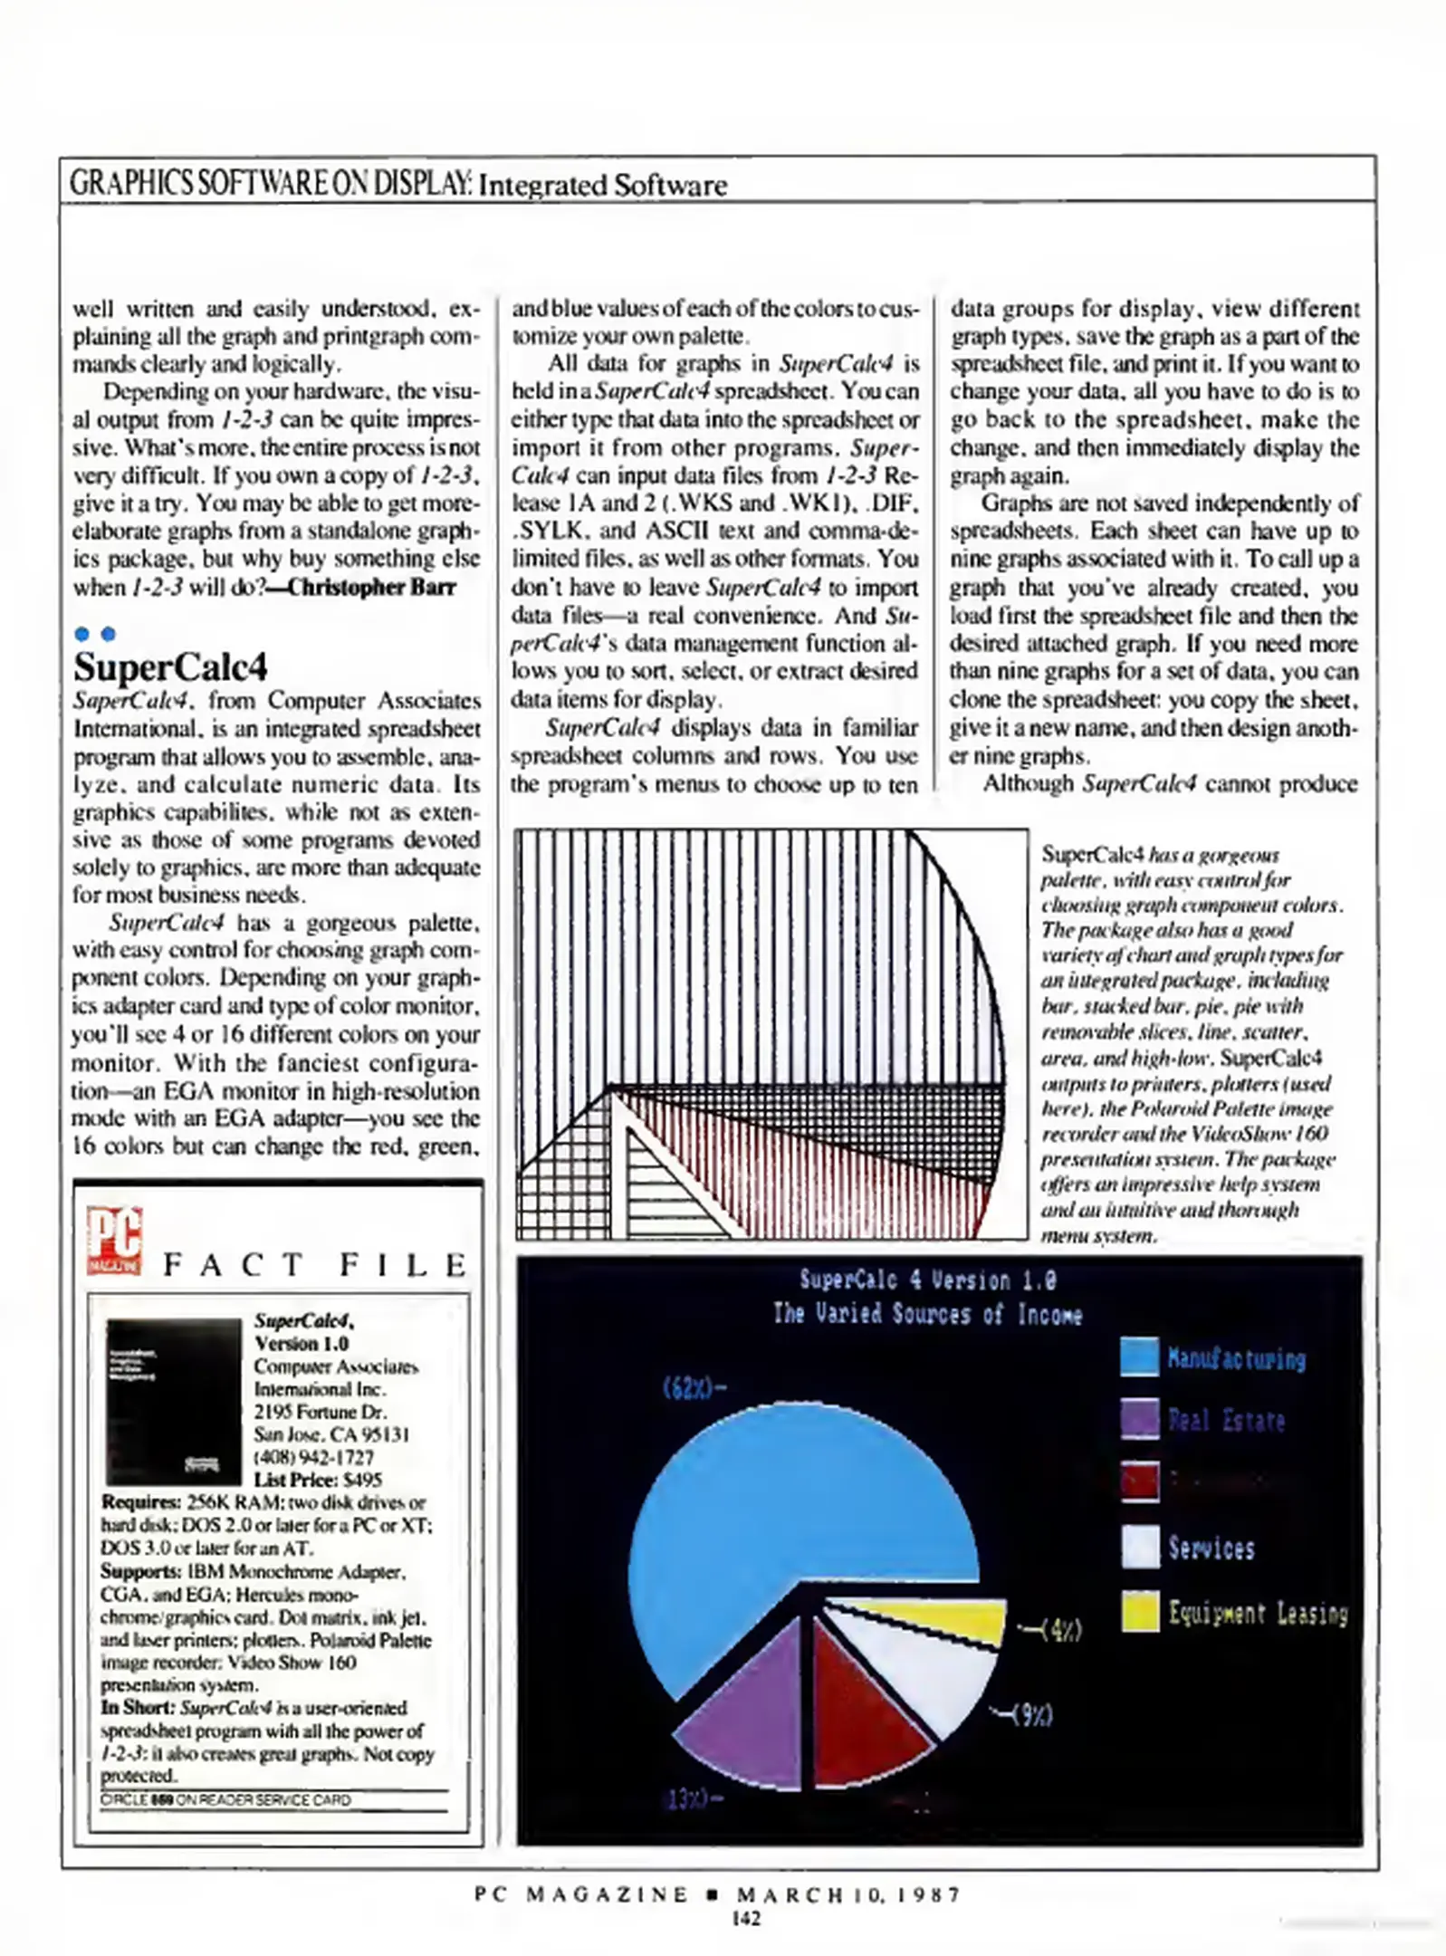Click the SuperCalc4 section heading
click(170, 667)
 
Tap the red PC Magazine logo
click(114, 1240)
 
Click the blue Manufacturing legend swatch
click(1139, 1357)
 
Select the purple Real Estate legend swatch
click(1139, 1419)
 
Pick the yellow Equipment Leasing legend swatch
click(1140, 1612)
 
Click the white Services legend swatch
click(1140, 1547)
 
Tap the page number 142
click(746, 1918)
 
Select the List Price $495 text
click(318, 1480)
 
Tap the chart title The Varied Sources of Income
click(927, 1314)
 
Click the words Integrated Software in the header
click(602, 186)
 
